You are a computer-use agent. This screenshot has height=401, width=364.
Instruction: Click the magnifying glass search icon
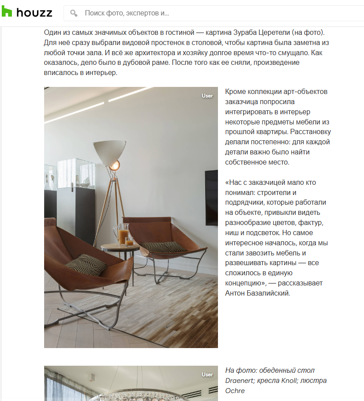pos(74,13)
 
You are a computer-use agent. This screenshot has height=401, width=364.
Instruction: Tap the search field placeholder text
pos(127,13)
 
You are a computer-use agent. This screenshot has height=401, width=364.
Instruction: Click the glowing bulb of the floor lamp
pos(115,165)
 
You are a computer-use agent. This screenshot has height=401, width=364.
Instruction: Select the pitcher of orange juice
pos(122,234)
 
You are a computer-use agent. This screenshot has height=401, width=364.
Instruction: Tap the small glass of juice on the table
pos(129,241)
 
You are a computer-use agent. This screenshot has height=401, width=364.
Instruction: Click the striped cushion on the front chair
pos(86,265)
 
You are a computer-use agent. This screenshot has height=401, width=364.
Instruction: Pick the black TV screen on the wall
pos(211,194)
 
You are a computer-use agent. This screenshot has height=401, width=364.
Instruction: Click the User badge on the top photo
pos(207,96)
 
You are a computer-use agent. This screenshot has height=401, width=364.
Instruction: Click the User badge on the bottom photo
pos(207,375)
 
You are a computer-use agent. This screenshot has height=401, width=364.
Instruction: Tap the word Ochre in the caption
pos(235,390)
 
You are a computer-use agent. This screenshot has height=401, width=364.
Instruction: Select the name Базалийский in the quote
pos(269,292)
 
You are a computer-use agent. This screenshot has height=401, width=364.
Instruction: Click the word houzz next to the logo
pos(34,13)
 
